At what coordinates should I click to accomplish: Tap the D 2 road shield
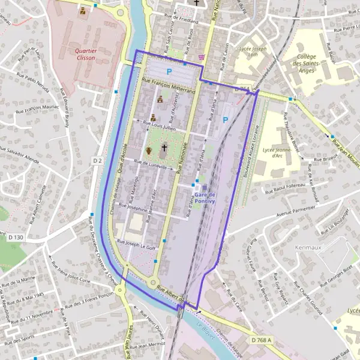coord(98,161)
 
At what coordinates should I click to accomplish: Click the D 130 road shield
coord(16,237)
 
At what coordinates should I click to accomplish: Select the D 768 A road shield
coord(262,340)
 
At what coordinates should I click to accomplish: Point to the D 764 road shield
coord(241,89)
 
